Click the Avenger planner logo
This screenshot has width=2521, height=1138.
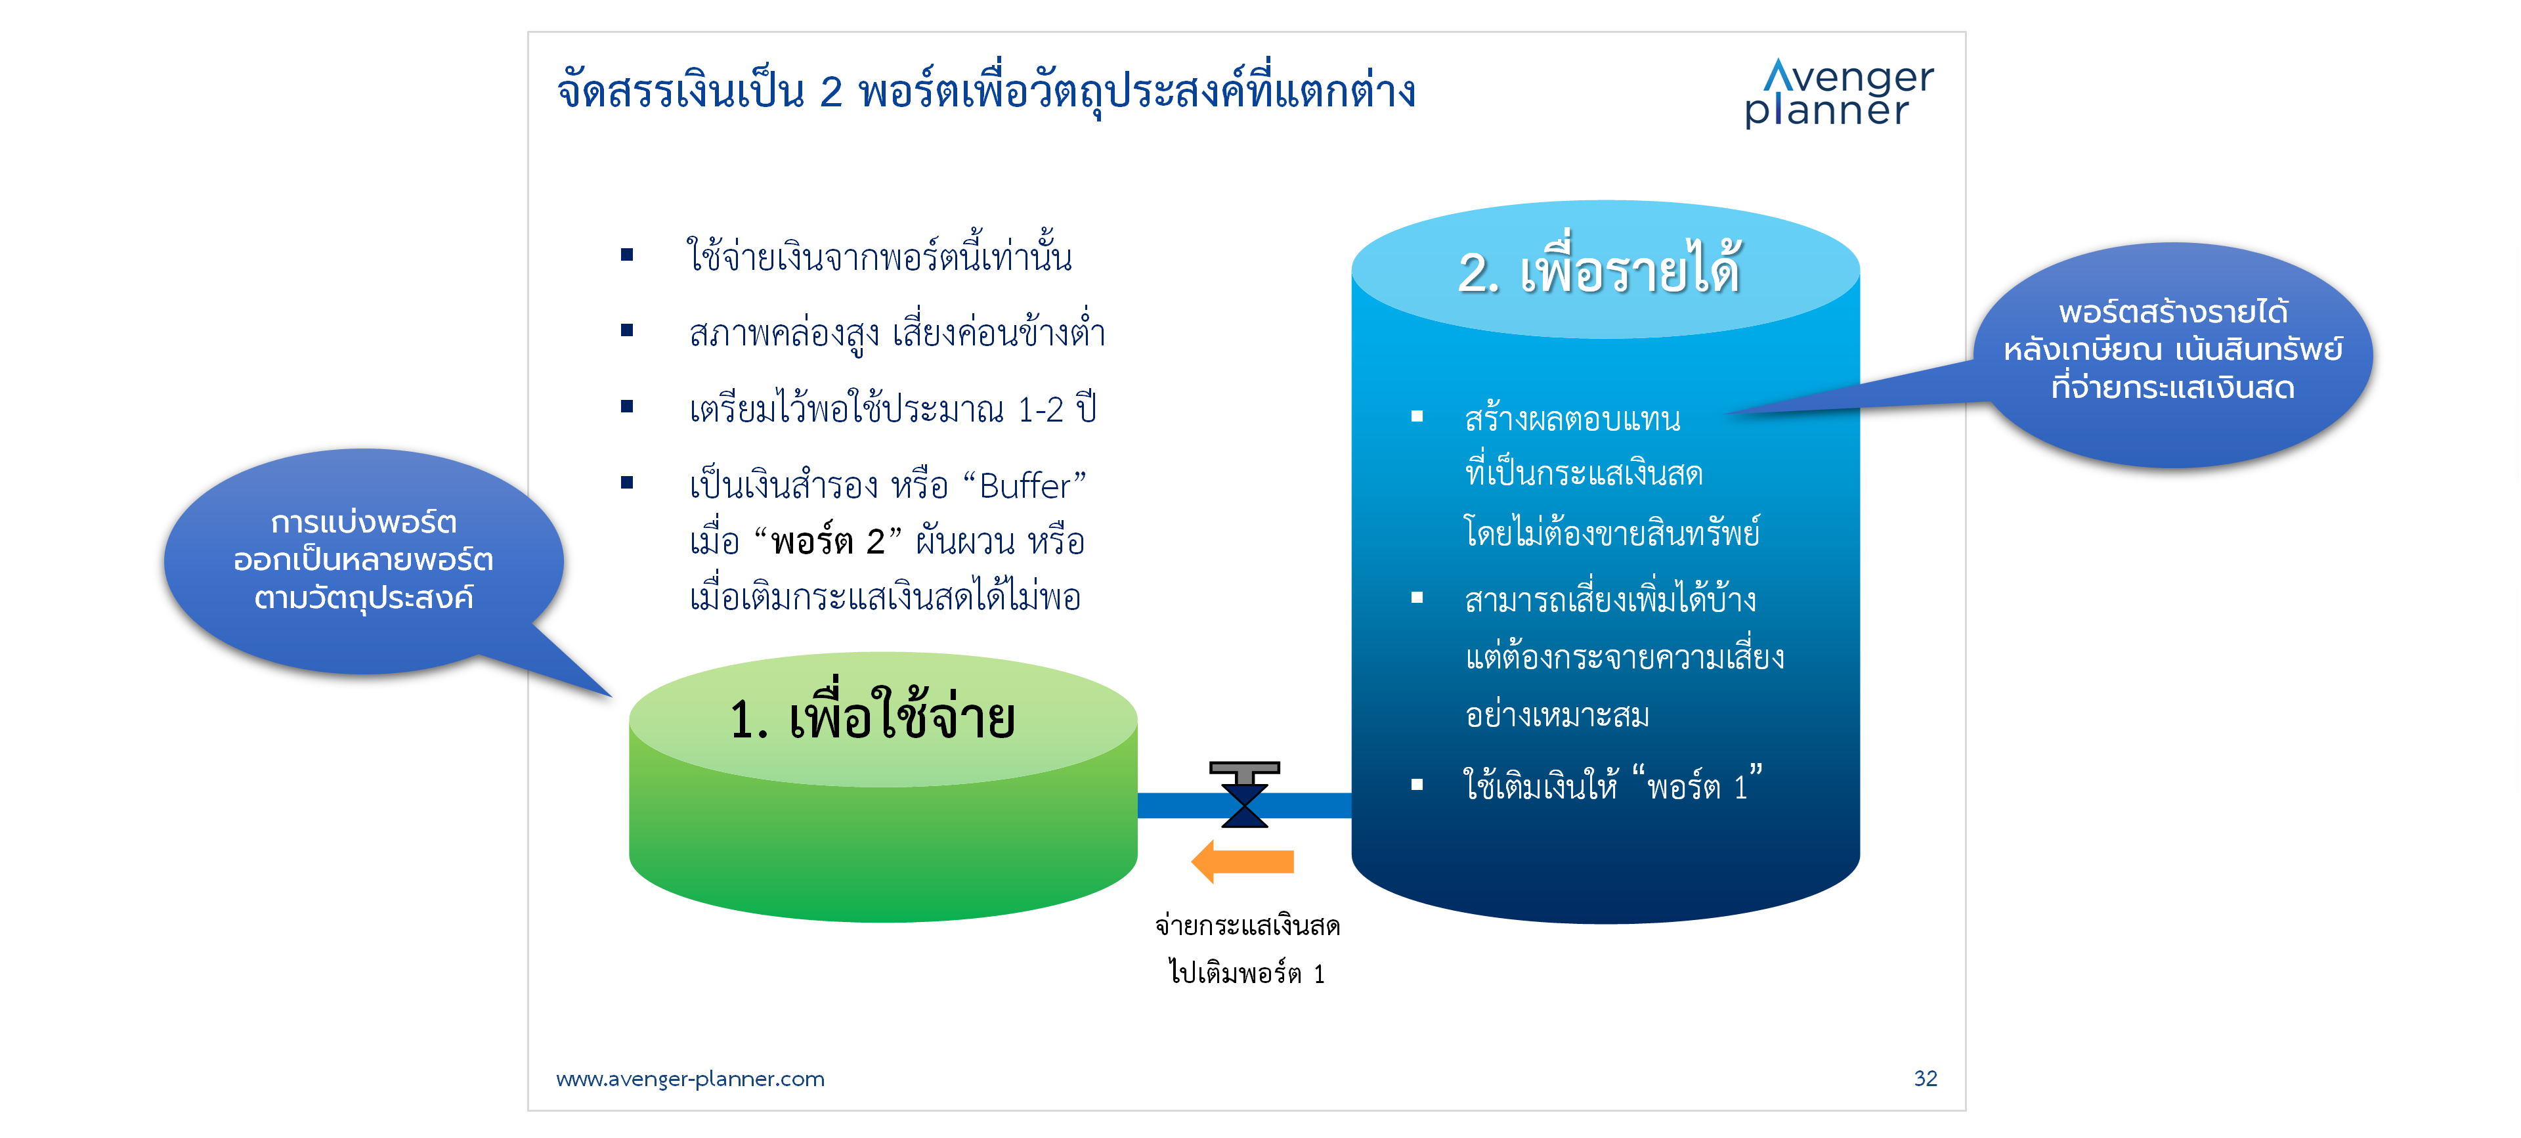click(1839, 93)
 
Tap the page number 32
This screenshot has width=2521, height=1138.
click(1925, 1078)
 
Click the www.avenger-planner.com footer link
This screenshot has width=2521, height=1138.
click(690, 1080)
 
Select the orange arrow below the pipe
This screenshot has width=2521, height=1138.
click(1242, 861)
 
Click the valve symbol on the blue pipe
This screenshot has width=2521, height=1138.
click(1244, 795)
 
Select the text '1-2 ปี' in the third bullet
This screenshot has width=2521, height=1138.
click(1057, 408)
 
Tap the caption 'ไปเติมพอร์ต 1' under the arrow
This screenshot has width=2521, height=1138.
click(1246, 973)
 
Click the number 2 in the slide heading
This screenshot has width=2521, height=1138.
click(831, 92)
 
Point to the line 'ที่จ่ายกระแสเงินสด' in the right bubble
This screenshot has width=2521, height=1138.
click(2172, 387)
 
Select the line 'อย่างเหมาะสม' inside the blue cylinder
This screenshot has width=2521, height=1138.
click(1557, 714)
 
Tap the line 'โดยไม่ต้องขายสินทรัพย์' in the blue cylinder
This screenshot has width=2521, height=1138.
click(1612, 531)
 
